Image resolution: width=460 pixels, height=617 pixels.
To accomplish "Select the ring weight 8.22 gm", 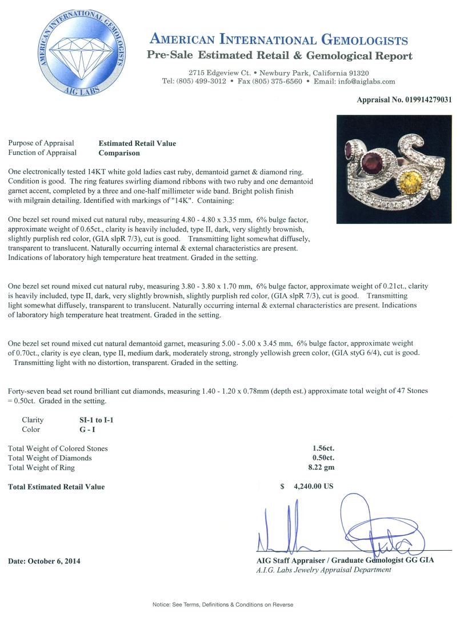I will pyautogui.click(x=321, y=468).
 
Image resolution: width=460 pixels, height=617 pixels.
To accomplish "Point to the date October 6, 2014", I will pyautogui.click(x=44, y=561).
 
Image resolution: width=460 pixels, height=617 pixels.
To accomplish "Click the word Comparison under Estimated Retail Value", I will pyautogui.click(x=119, y=153).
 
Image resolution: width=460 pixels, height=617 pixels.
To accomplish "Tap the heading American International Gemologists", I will pyautogui.click(x=278, y=39).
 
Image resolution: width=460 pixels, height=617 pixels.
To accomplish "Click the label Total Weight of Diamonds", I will pyautogui.click(x=50, y=458).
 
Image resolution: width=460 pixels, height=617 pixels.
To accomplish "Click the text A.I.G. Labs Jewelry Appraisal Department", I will pyautogui.click(x=324, y=570).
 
